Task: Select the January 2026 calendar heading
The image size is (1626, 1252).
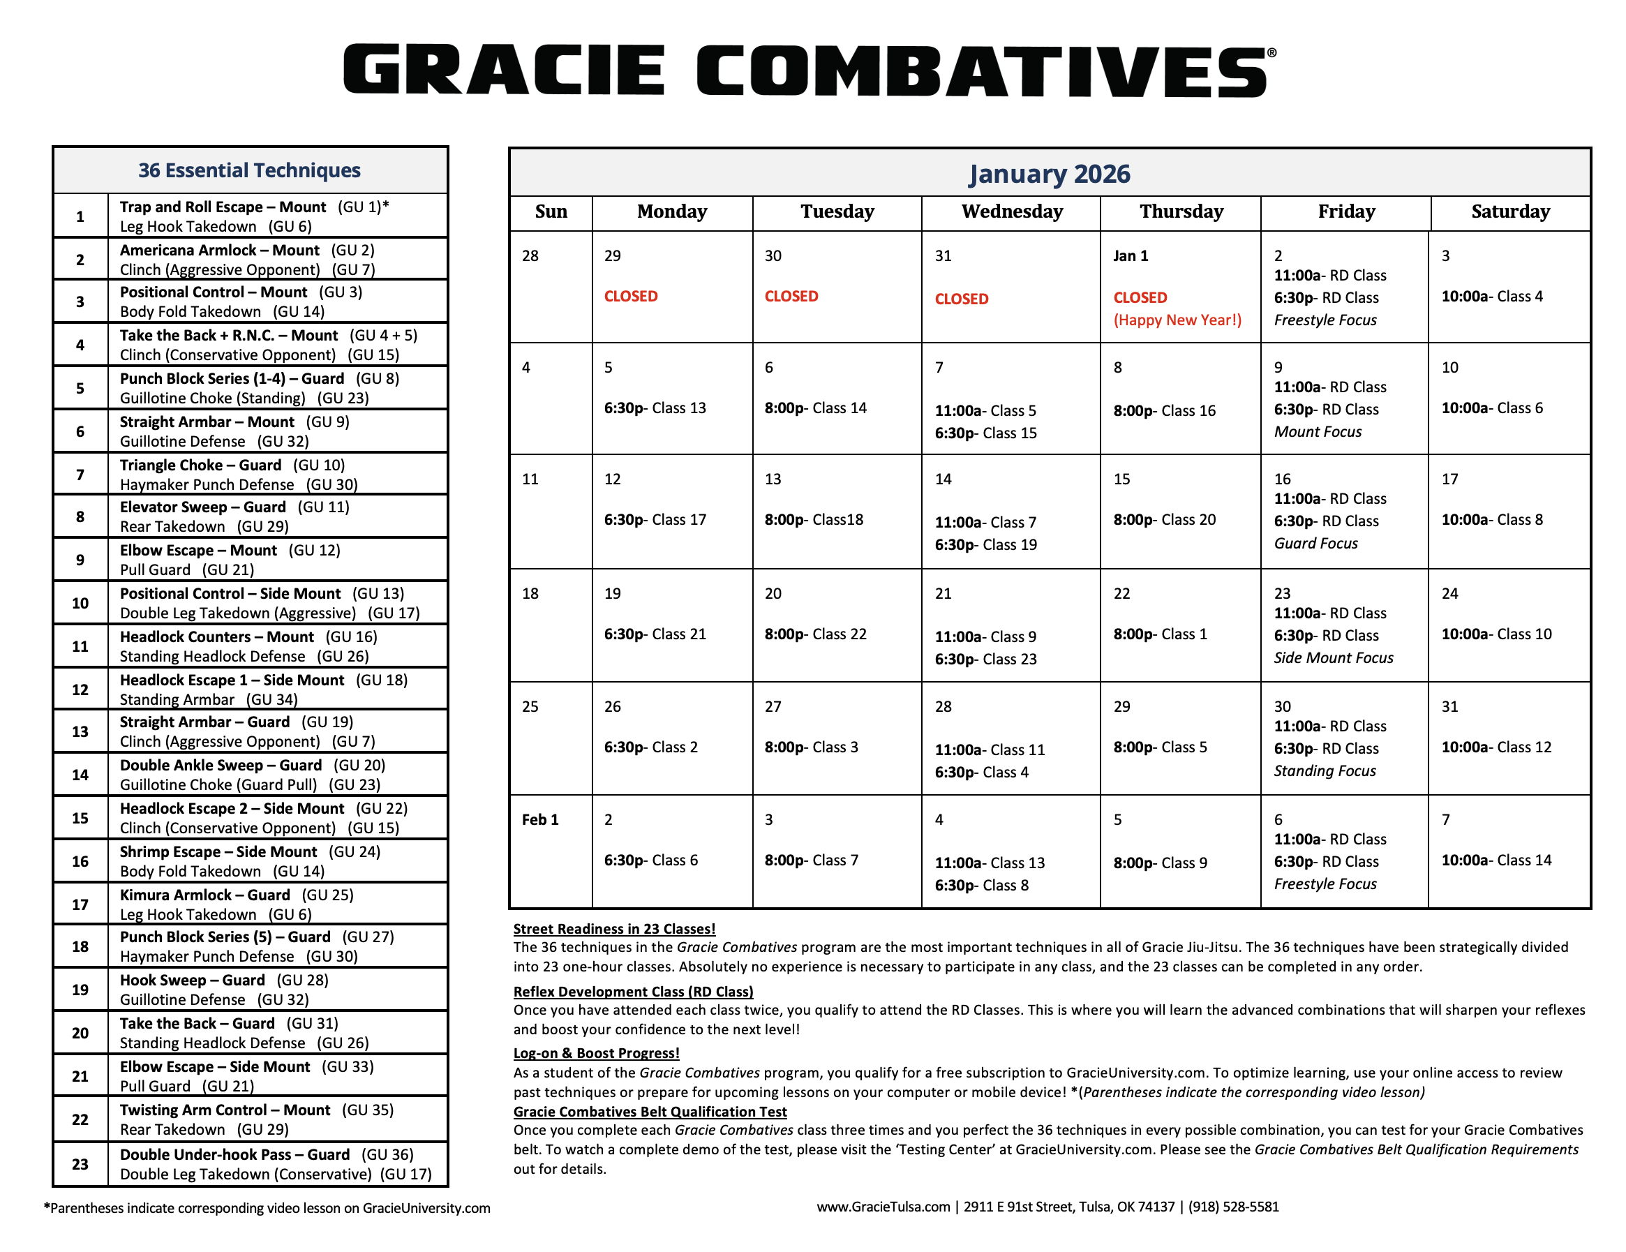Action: (1048, 174)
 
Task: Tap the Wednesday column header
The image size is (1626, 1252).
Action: (1012, 212)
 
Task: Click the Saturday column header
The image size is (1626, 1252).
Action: (1510, 212)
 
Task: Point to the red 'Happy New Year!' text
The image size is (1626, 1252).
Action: (1177, 320)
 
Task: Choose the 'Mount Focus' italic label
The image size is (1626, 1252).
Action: (1317, 432)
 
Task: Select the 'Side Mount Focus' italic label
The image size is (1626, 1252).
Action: (1333, 658)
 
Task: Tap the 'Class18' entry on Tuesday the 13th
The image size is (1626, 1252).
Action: (837, 519)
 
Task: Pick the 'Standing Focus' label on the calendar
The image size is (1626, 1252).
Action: (1325, 771)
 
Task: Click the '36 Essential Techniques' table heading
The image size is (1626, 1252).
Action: (249, 170)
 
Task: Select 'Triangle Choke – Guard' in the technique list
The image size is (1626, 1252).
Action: (200, 465)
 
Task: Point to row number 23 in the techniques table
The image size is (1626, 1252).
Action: (80, 1164)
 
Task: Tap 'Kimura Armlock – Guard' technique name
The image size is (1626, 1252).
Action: (204, 895)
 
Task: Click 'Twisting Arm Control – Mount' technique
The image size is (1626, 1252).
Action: (225, 1110)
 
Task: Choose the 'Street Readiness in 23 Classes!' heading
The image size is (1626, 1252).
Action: (614, 929)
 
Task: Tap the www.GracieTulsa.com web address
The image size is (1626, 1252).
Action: (883, 1207)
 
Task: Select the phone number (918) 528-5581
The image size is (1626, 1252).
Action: (1233, 1207)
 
